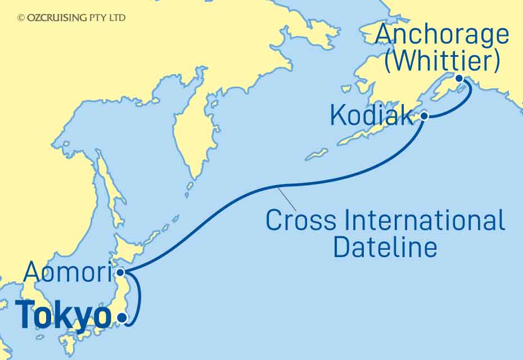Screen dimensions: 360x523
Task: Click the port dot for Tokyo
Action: pyautogui.click(x=121, y=319)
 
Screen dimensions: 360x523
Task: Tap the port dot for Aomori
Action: pyautogui.click(x=120, y=273)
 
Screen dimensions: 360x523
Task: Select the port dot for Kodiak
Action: pyautogui.click(x=425, y=116)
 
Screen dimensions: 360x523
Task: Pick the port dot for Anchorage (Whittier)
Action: pyautogui.click(x=459, y=79)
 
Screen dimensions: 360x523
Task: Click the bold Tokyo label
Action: pyautogui.click(x=63, y=317)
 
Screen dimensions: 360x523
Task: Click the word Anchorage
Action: pyautogui.click(x=442, y=35)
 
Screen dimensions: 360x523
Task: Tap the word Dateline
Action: pyautogui.click(x=385, y=247)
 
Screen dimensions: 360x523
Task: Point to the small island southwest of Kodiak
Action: pyautogui.click(x=317, y=154)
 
